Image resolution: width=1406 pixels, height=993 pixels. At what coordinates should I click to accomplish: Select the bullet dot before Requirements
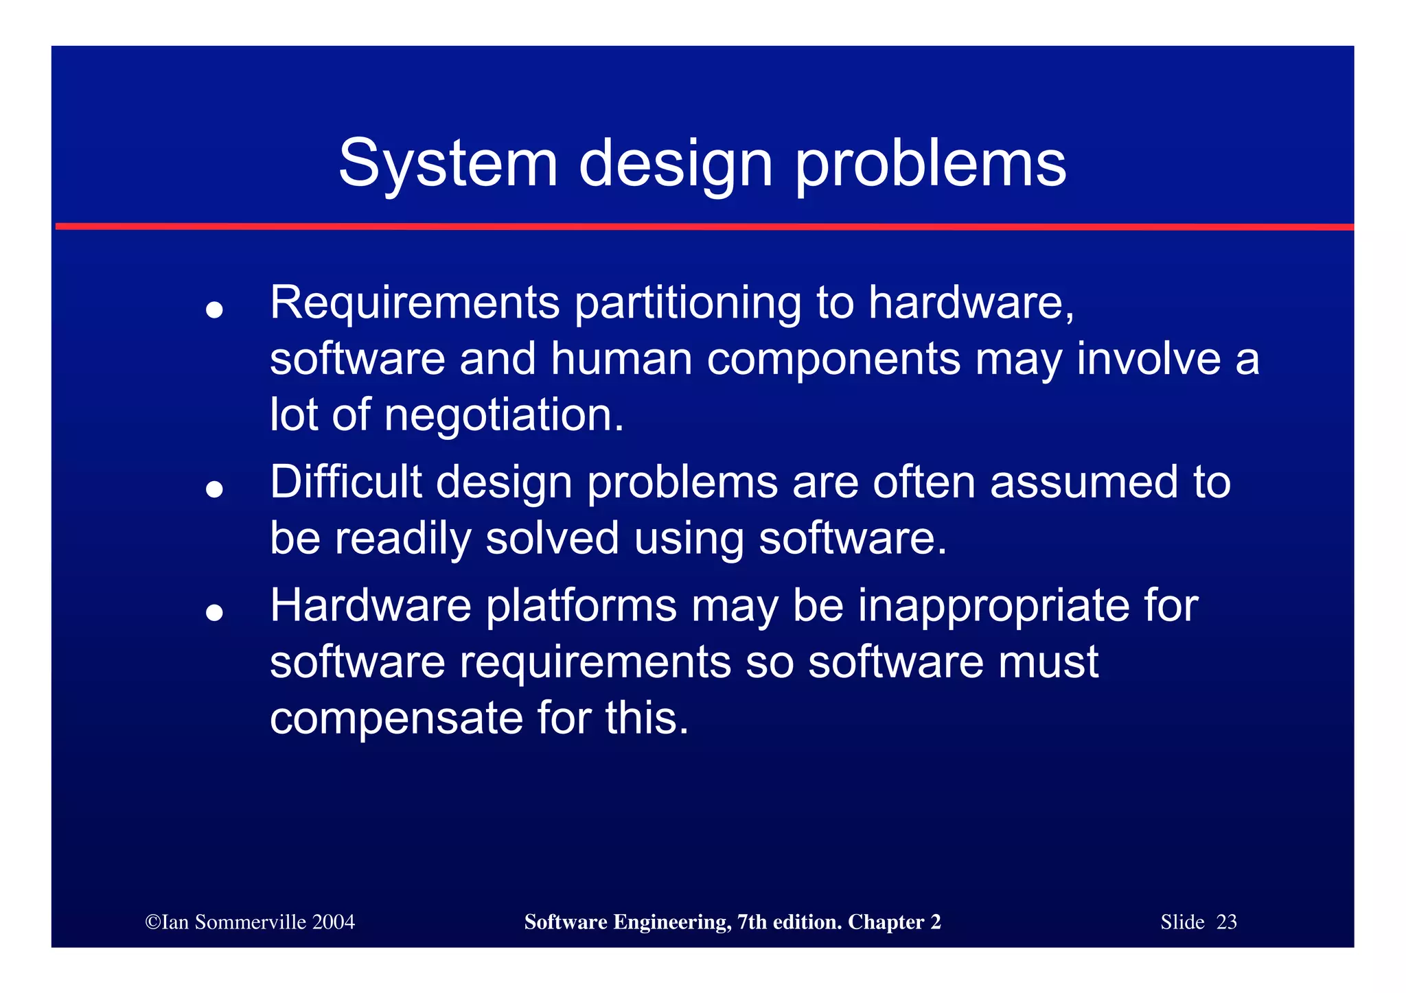[x=215, y=310]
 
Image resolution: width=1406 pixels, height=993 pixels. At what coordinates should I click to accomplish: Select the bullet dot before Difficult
[x=215, y=489]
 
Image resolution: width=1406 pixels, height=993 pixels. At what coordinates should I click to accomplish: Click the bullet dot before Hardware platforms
[x=215, y=612]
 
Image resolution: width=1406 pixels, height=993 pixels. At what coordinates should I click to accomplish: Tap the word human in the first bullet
[x=621, y=358]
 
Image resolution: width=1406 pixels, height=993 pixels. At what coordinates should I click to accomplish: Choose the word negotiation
[x=504, y=416]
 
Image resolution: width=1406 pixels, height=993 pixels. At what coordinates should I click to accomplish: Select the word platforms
[x=581, y=607]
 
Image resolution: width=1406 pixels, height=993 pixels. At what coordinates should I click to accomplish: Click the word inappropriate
[x=994, y=607]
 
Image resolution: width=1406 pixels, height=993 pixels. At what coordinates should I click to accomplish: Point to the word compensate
[x=396, y=719]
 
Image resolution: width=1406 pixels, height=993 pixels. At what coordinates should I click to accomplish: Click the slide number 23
[x=1226, y=922]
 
